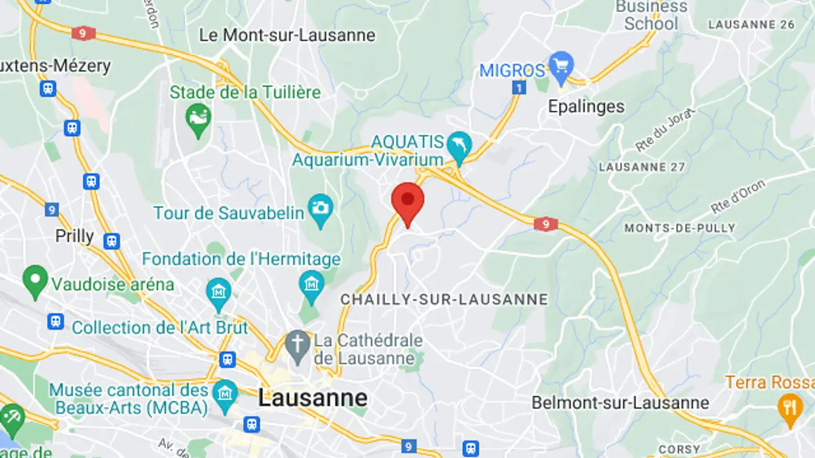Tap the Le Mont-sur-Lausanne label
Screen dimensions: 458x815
coord(287,35)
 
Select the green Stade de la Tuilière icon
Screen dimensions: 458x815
coord(198,119)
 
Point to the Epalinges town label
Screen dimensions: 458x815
coord(586,106)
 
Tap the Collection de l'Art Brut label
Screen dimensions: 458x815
coord(160,327)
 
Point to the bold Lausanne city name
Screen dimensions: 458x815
coord(312,398)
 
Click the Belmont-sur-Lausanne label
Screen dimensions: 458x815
coord(620,403)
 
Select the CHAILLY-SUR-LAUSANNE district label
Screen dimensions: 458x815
coord(444,299)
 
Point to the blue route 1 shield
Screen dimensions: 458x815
coord(518,88)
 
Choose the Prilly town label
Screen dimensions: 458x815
coord(74,236)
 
